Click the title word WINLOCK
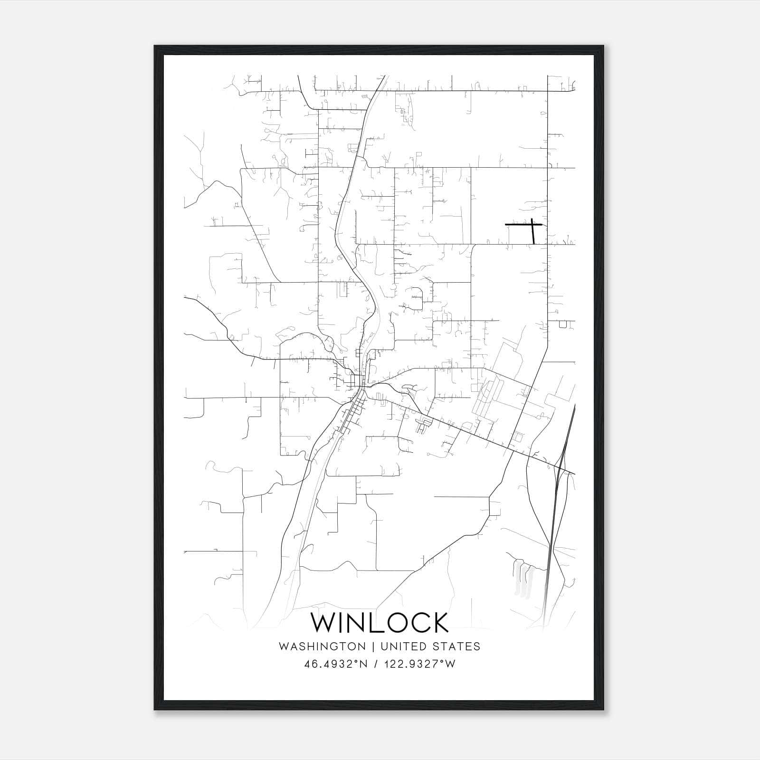pos(379,623)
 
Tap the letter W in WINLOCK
pos(323,623)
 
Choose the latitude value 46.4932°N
pos(336,664)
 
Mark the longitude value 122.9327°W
pos(419,664)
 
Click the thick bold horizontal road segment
pos(518,224)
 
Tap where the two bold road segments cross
pos(532,224)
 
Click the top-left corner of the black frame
pos(155,47)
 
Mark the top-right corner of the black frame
pos(604,47)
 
